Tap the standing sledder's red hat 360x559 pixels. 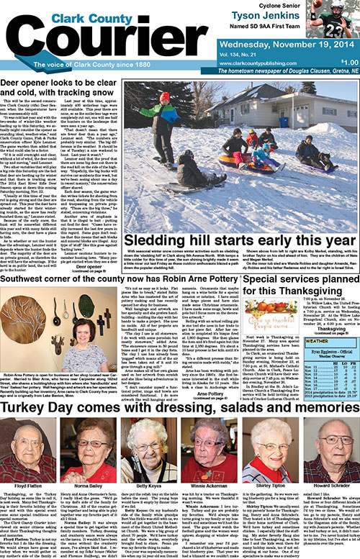pyautogui.click(x=164, y=96)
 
